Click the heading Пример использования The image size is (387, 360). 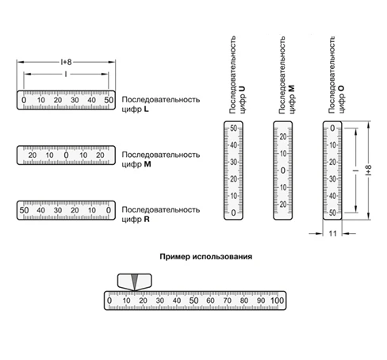[x=205, y=257]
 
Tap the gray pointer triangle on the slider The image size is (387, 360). [x=135, y=281]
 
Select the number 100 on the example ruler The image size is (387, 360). [x=278, y=301]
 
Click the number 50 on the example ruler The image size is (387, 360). [x=193, y=301]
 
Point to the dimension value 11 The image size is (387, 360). [x=332, y=234]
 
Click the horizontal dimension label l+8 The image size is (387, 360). [x=66, y=62]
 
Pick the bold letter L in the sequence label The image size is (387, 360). [x=146, y=109]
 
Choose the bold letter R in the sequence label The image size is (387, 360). [x=147, y=219]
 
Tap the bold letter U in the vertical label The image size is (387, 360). [x=242, y=89]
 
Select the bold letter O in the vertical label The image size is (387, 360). [x=341, y=89]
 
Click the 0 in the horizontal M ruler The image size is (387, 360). [x=66, y=155]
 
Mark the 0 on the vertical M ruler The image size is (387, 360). [x=283, y=170]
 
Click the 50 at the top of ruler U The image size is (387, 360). [x=233, y=128]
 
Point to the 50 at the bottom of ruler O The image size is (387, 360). [x=332, y=213]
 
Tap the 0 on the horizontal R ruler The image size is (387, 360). [x=109, y=210]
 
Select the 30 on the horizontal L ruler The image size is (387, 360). [x=75, y=100]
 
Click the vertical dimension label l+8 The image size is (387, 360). [x=369, y=170]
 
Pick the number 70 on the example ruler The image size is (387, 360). [x=227, y=301]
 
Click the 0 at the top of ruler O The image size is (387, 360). [x=332, y=128]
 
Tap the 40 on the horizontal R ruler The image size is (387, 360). [x=40, y=210]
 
